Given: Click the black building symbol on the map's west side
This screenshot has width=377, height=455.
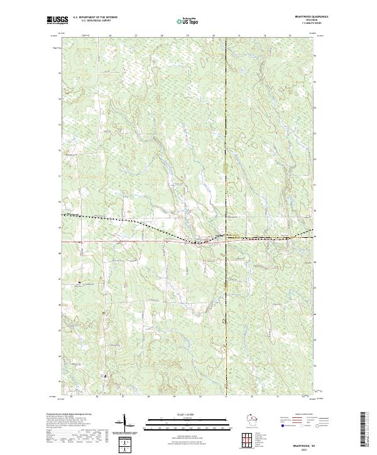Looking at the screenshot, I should pyautogui.click(x=79, y=282).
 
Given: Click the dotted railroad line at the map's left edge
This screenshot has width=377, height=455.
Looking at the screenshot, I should pyautogui.click(x=62, y=217).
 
